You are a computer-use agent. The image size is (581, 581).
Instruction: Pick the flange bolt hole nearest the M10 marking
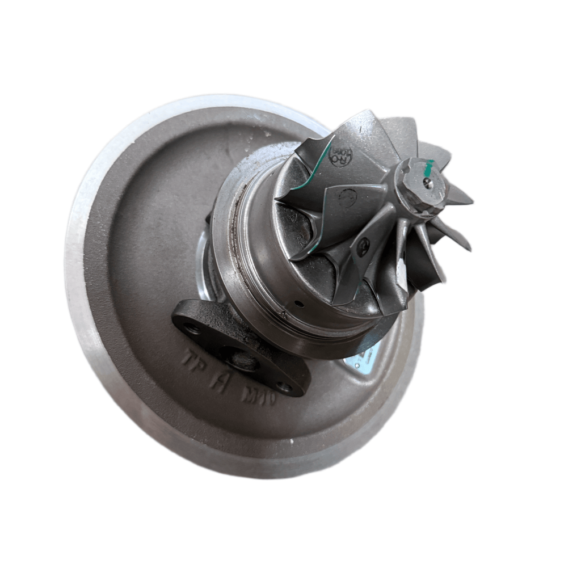pos(284,388)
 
